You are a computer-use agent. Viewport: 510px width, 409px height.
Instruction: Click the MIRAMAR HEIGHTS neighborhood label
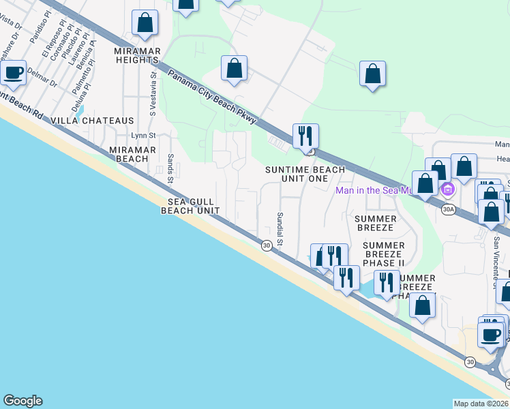[x=137, y=55]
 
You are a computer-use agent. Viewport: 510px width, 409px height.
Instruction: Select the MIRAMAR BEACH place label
[x=129, y=154]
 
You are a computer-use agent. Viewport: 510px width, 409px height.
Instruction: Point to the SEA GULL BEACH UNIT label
[x=190, y=206]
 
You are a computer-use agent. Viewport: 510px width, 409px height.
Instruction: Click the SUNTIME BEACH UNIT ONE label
[x=305, y=174]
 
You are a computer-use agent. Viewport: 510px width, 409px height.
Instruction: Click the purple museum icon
[x=448, y=188]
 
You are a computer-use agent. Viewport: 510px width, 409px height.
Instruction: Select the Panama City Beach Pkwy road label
[x=212, y=97]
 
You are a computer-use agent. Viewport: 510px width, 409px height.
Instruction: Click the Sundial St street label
[x=280, y=229]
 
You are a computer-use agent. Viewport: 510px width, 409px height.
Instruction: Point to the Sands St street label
[x=170, y=168]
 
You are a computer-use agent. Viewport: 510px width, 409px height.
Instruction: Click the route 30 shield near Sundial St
[x=267, y=245]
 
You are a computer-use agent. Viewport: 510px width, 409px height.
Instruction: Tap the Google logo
[x=22, y=401]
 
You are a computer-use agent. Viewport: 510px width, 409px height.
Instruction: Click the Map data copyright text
[x=481, y=404]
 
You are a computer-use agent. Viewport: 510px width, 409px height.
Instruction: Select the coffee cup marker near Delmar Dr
[x=12, y=73]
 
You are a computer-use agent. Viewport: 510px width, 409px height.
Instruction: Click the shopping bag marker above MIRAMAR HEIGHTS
[x=145, y=22]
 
